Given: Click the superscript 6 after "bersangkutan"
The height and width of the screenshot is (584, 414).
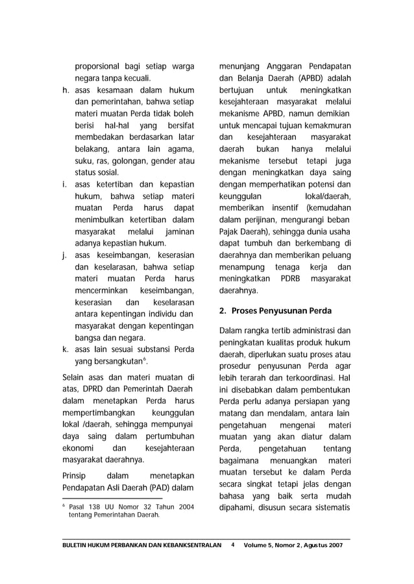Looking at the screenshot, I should pos(152,358).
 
